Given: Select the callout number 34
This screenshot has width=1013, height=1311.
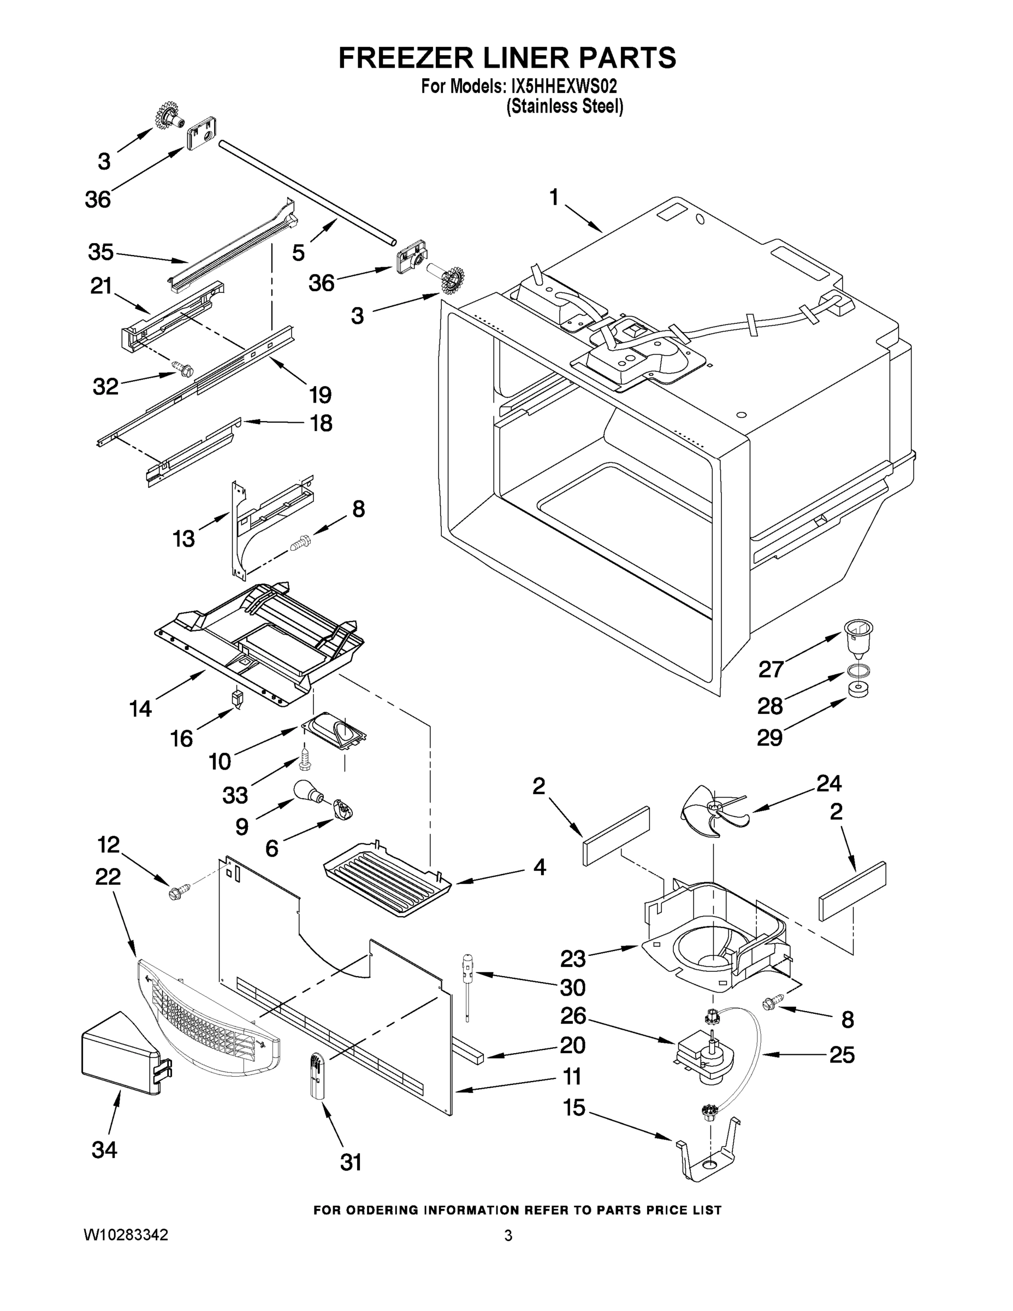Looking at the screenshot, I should (104, 1149).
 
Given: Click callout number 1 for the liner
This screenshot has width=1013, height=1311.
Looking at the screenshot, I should (554, 198).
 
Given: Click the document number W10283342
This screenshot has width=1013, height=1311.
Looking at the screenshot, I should (126, 1235).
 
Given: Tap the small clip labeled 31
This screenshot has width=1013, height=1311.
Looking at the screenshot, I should (316, 1076).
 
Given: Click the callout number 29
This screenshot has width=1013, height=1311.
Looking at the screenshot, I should (770, 737).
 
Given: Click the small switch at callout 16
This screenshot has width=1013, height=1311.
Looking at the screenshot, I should (238, 698).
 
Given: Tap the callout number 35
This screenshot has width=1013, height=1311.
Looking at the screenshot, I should (100, 252).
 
